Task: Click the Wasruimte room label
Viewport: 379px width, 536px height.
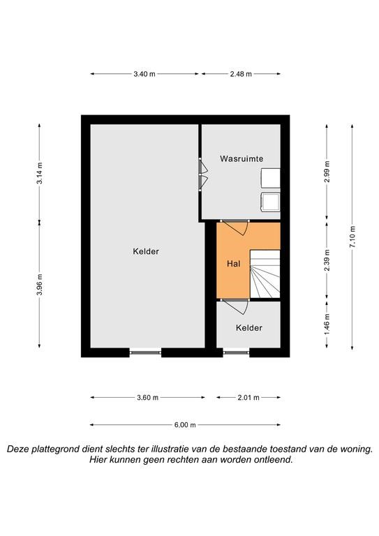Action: click(241, 158)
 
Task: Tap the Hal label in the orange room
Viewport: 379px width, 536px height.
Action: click(233, 264)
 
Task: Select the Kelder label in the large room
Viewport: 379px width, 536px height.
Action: click(146, 251)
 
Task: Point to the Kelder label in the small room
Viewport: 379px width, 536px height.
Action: click(249, 328)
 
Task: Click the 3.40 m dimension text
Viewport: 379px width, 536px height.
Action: click(144, 74)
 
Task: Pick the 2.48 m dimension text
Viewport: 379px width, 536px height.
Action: click(241, 74)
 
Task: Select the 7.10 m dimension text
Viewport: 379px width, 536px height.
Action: click(352, 237)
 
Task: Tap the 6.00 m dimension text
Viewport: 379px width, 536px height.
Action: click(185, 425)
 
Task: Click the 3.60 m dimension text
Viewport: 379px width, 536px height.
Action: click(147, 398)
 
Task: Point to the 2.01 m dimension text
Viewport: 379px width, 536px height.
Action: click(248, 398)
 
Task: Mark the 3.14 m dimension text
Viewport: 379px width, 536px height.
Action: click(40, 173)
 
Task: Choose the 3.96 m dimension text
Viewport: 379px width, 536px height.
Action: click(40, 285)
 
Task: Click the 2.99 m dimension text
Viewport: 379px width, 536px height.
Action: click(327, 172)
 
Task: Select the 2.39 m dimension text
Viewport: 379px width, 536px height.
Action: click(327, 260)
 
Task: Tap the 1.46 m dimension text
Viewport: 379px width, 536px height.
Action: click(327, 325)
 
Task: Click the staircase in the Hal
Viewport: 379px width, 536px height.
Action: click(265, 274)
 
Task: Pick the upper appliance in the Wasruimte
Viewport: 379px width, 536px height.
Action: click(271, 178)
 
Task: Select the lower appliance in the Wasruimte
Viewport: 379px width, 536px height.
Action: click(271, 202)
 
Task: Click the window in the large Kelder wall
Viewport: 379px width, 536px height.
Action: click(145, 352)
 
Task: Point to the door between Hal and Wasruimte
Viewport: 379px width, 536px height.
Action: click(235, 227)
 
